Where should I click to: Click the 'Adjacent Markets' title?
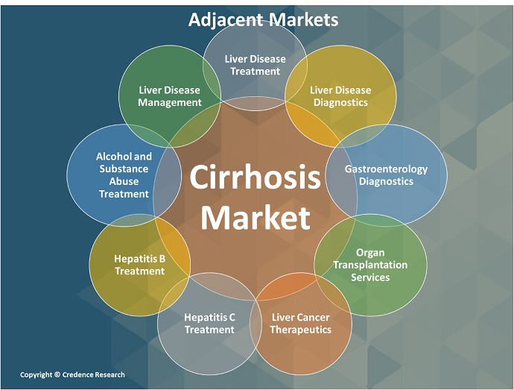(263, 19)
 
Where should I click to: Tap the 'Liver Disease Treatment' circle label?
(255, 65)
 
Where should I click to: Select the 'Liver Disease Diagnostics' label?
(340, 96)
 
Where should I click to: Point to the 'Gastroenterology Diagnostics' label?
(386, 174)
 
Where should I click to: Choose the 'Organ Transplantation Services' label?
(370, 265)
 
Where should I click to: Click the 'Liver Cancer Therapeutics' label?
(300, 323)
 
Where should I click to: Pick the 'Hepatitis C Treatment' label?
(209, 323)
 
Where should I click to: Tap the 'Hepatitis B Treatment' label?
(139, 265)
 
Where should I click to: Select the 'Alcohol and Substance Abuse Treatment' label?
(124, 174)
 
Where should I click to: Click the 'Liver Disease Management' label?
(170, 96)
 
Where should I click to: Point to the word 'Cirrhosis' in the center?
(255, 179)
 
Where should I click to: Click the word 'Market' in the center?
(255, 218)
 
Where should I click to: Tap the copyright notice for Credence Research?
(72, 374)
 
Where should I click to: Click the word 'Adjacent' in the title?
(220, 19)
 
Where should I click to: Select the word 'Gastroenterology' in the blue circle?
(386, 169)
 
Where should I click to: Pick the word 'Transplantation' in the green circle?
(370, 265)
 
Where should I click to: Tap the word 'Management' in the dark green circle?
(170, 102)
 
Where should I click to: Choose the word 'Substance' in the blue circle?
(124, 169)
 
